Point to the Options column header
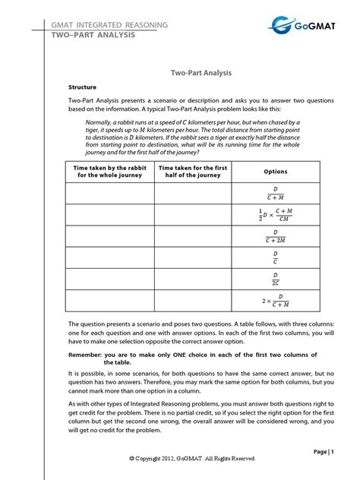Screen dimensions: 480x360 pyautogui.click(x=276, y=172)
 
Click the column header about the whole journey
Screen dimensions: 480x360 pyautogui.click(x=109, y=172)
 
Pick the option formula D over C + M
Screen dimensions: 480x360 pyautogui.click(x=276, y=194)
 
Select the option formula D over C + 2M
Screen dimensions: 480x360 pyautogui.click(x=276, y=236)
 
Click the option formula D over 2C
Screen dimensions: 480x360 pyautogui.click(x=276, y=279)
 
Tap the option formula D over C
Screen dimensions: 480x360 pyautogui.click(x=276, y=257)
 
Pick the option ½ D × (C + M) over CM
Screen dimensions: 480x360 pyautogui.click(x=274, y=215)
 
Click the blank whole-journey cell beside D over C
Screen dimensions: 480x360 pyautogui.click(x=109, y=257)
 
